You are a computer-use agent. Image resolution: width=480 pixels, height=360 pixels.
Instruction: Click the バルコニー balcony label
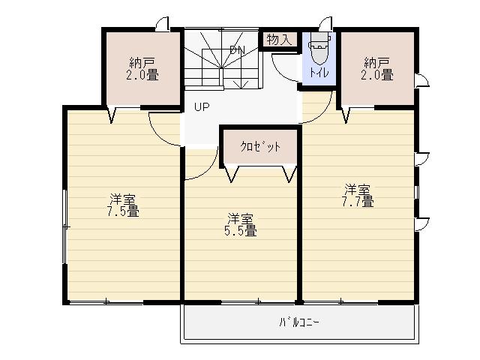coord(299,323)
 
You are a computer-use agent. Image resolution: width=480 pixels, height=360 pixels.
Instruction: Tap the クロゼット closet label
coord(260,147)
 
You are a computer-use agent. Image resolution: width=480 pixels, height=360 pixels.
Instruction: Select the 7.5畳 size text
coord(122,211)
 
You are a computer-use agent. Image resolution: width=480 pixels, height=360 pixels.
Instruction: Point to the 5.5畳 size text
coord(241,231)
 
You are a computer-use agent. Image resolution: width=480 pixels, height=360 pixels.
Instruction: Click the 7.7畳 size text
coord(358,201)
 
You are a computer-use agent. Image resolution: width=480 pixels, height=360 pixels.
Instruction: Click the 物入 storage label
coord(279,39)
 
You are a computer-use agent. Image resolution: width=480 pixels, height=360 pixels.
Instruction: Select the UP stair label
coord(201,106)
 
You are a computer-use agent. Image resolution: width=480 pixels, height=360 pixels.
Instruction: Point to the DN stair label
coord(237,50)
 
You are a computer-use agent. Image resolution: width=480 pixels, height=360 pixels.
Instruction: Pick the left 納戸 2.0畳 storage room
coord(143,68)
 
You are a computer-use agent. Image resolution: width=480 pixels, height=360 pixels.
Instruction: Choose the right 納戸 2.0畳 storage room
coord(378,68)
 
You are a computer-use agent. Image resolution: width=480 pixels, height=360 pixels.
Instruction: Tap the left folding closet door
coord(232,175)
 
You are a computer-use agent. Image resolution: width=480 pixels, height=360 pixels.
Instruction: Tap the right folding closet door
coord(289,175)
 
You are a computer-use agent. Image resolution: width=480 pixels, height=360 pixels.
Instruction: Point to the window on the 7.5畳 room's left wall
coord(65,226)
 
